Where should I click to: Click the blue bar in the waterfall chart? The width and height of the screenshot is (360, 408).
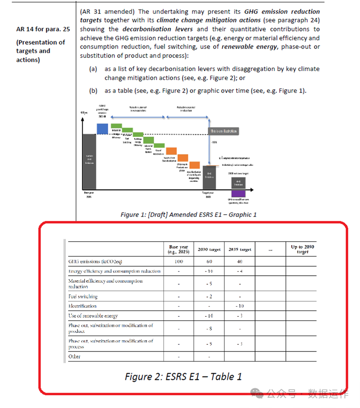coord(102,128)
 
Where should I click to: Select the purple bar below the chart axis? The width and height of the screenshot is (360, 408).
coord(238,193)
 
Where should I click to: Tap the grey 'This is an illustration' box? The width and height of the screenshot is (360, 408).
coord(224,131)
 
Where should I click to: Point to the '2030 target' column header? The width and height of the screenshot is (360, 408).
coord(208,249)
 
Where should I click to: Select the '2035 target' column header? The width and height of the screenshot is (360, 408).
coord(239,249)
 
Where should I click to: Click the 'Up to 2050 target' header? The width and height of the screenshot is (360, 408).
coord(303,249)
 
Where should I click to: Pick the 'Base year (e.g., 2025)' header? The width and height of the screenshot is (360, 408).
coord(178,249)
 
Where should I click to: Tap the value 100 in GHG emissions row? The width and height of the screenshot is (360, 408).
coord(178,262)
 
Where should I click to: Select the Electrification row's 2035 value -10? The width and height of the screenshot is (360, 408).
coord(239,306)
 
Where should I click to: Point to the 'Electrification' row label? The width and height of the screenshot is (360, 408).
coord(82,306)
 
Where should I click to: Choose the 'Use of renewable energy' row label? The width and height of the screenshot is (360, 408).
coord(93,316)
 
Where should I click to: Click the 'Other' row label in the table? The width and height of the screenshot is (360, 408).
coord(74,357)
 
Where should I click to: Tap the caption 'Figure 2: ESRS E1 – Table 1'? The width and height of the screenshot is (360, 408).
coord(183,376)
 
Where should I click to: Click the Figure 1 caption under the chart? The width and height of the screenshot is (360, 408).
coord(188,215)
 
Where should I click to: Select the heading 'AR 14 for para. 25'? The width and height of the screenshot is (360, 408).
coord(43,29)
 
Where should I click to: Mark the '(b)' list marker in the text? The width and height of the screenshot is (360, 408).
coord(93,91)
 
